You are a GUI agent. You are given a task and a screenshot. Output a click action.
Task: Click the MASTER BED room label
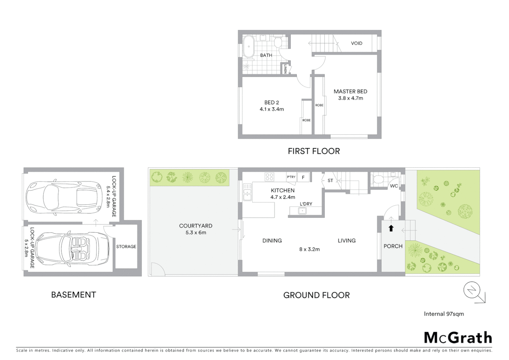tap(350, 91)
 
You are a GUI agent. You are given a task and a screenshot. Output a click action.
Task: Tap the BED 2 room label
tap(271, 102)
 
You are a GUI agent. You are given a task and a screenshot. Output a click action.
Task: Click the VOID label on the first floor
tap(356, 43)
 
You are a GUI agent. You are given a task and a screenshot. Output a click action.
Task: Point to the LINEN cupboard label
tap(285, 69)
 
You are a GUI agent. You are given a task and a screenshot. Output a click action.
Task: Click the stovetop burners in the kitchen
tap(269, 177)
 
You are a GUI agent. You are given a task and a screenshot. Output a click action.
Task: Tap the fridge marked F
tap(303, 177)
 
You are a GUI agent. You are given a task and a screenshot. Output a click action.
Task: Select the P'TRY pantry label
tap(291, 177)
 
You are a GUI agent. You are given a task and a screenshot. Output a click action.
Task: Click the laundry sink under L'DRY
tap(302, 211)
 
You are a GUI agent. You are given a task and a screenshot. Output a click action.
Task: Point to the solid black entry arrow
tap(391, 228)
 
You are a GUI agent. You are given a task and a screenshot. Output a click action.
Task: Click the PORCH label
tap(393, 246)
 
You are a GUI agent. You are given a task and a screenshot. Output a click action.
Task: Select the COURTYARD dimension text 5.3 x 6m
tap(196, 233)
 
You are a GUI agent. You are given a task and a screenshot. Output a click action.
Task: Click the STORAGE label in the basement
tap(126, 247)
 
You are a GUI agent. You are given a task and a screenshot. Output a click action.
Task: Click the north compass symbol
tap(472, 291)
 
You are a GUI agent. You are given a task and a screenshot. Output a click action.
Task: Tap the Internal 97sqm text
tap(444, 314)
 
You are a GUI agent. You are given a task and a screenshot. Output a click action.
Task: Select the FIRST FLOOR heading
tap(314, 151)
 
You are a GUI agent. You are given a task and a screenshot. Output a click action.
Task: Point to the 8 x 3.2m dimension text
tap(309, 249)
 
